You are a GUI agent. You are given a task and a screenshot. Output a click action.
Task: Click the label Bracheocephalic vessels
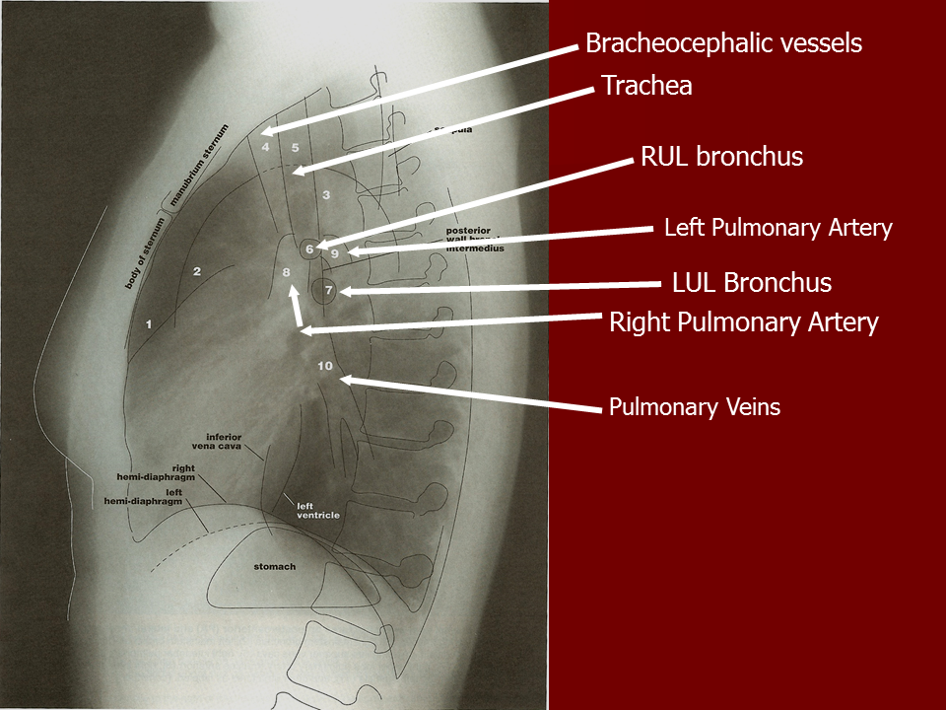point(723,43)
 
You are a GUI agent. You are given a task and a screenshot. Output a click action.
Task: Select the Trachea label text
point(646,86)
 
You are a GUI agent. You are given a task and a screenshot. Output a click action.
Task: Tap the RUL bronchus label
point(721,157)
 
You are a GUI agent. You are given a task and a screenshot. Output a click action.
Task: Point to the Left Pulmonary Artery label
point(777,228)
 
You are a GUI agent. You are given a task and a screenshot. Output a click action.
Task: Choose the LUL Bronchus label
point(751,283)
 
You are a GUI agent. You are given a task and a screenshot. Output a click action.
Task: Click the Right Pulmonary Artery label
point(743,322)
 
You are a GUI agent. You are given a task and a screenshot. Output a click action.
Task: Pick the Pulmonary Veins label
point(694,406)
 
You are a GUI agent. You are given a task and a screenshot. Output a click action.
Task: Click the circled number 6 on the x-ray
point(309,250)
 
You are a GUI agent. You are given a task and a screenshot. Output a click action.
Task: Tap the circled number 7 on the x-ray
point(329,291)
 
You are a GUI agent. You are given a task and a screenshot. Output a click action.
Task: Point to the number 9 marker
point(335,254)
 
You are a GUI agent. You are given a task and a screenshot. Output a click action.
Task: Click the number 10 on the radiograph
point(326,366)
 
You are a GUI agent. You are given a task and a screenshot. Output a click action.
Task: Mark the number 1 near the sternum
point(149,323)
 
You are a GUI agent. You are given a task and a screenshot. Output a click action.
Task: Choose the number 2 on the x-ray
point(197,271)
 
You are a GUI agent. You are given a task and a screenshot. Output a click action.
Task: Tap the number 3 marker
point(326,195)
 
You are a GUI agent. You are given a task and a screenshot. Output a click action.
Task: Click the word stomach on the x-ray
point(274,567)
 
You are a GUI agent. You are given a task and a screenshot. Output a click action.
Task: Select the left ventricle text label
point(317,511)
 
